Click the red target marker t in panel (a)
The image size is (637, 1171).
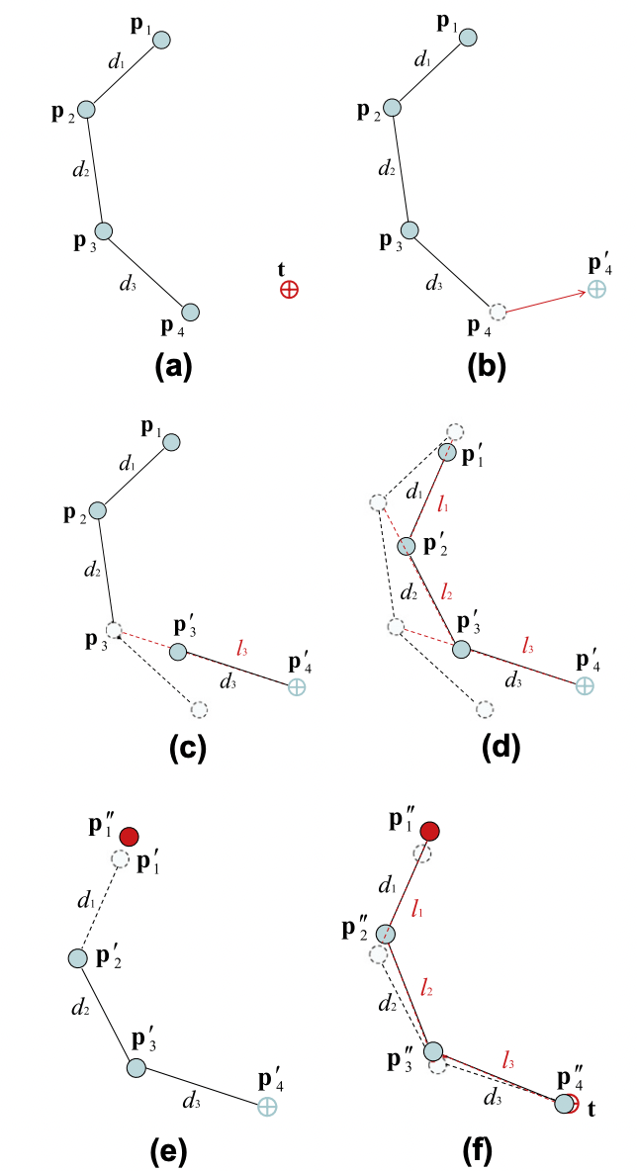289,290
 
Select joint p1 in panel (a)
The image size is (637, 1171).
162,40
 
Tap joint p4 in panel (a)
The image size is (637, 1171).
191,313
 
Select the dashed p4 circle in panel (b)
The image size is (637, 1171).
498,313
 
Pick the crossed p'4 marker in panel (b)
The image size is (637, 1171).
596,289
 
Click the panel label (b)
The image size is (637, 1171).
487,366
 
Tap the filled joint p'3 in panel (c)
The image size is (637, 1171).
178,652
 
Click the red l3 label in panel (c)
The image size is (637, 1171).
242,648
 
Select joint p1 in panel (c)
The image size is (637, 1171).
171,441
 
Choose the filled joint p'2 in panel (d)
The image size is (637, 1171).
405,546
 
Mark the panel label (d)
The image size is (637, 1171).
487,749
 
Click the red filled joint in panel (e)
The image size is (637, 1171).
129,837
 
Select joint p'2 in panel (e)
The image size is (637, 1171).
77,958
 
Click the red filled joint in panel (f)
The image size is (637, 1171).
429,831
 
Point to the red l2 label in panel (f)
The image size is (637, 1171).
427,986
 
